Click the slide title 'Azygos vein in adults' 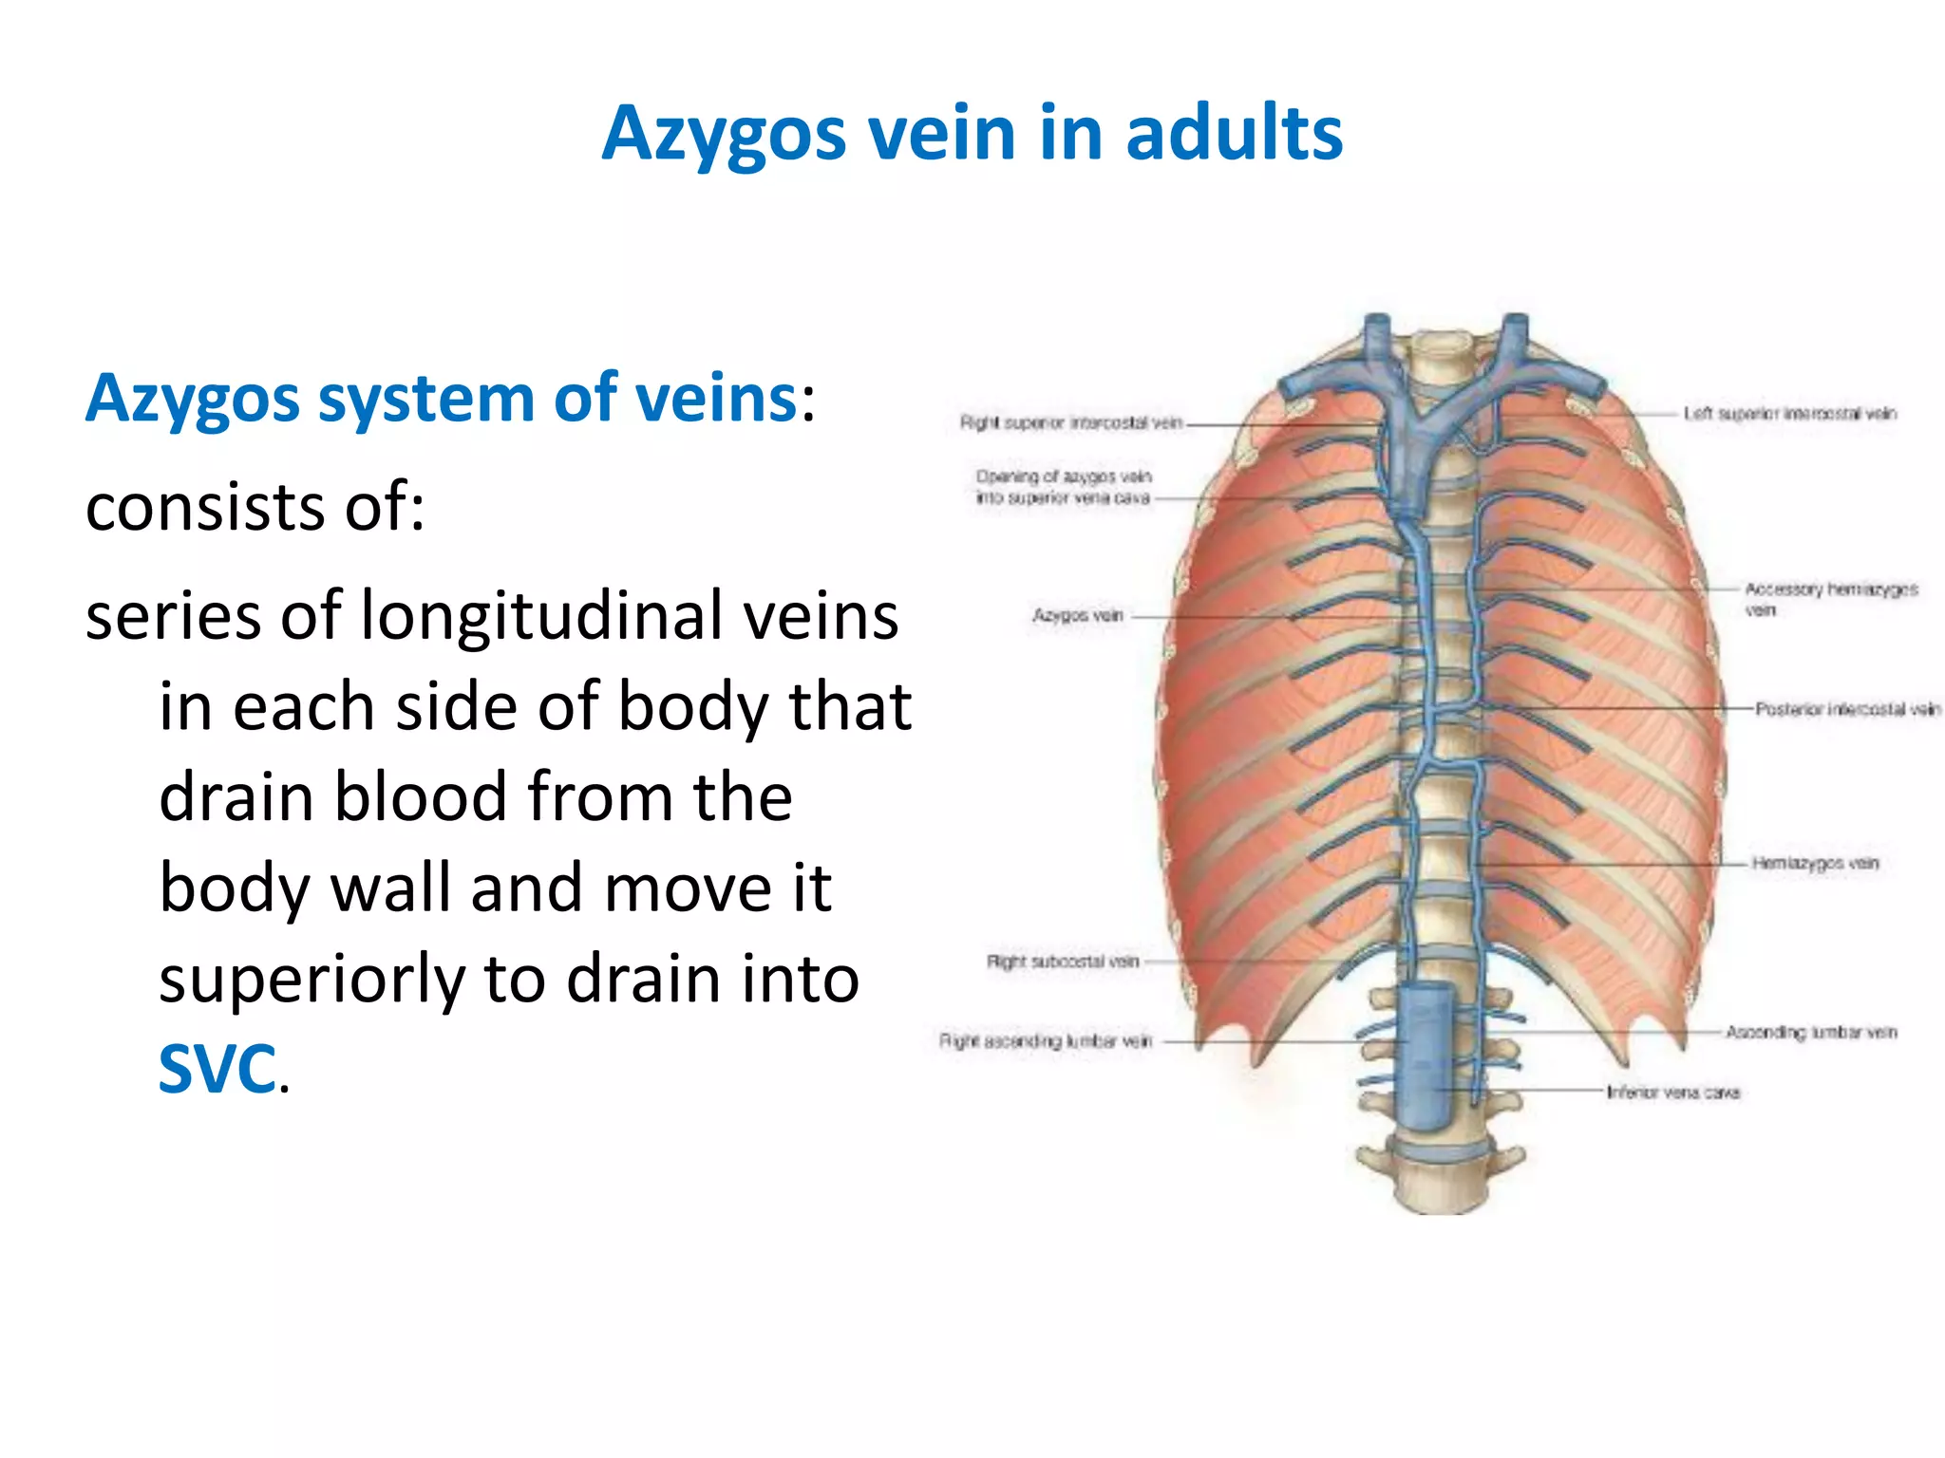[972, 134]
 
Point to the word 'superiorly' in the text [312, 980]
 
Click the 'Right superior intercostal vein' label [1070, 422]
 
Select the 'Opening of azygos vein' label [1064, 477]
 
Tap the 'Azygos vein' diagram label [1077, 616]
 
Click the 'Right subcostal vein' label [1062, 962]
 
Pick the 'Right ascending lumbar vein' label [1045, 1041]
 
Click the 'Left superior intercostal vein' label [1789, 413]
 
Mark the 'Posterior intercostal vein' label [1846, 709]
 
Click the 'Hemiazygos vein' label [1815, 863]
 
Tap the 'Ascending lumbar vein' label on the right [1810, 1032]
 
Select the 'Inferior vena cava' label [1672, 1093]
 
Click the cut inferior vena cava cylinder [1428, 1054]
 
